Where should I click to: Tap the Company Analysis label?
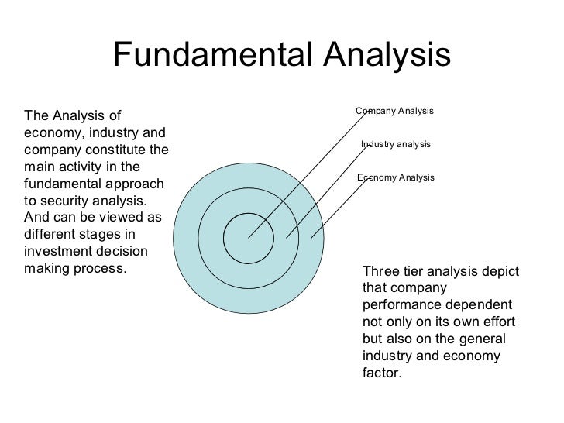[394, 112]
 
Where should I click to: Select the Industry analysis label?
[395, 145]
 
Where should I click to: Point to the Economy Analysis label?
[395, 177]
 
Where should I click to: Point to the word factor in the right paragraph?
[382, 373]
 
